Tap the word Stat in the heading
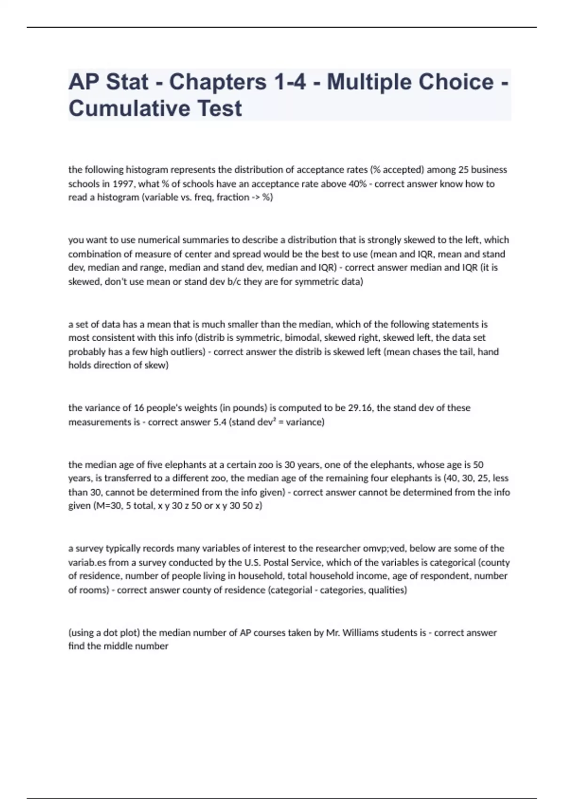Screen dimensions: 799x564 click(127, 82)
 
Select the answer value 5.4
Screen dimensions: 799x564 click(219, 422)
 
